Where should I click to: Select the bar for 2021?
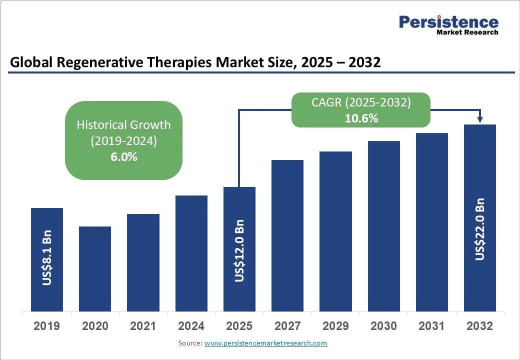[143, 262]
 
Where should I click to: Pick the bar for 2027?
[287, 235]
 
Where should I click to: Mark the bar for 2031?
[432, 222]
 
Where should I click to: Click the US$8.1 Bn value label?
[47, 257]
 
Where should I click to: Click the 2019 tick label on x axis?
[47, 326]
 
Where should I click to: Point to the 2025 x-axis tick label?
[239, 326]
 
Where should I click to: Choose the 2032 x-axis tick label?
[480, 326]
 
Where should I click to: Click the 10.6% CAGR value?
[361, 118]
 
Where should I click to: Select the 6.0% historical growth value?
[123, 156]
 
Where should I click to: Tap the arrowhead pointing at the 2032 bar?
[480, 119]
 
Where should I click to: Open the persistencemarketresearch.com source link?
[265, 343]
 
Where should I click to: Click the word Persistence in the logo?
[448, 22]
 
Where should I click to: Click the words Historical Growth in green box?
[123, 124]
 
